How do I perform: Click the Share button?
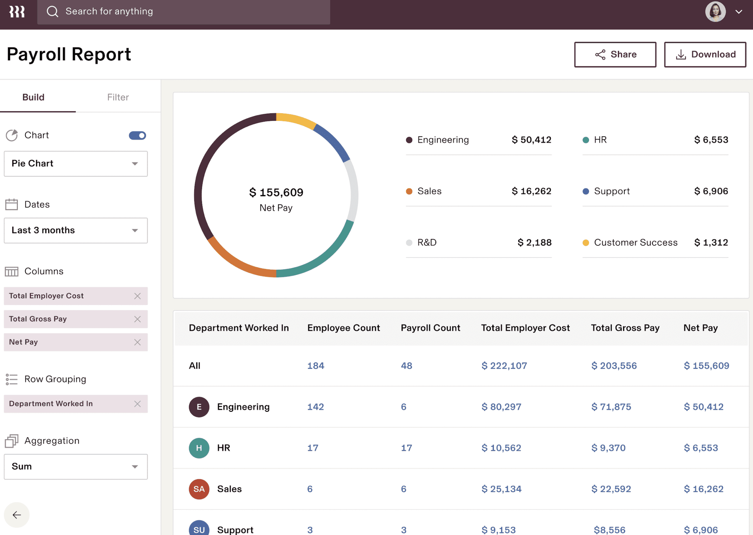[615, 54]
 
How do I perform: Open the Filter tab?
[118, 97]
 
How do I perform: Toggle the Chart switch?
[138, 135]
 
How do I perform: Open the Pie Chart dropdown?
[76, 164]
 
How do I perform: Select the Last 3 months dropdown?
[76, 230]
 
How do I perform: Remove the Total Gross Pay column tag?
[138, 319]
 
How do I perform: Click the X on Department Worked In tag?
[138, 404]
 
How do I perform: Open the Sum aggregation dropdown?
[76, 467]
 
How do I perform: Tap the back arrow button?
[17, 515]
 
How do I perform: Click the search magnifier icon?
[53, 12]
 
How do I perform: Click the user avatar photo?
[715, 12]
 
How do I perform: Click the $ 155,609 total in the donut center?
[276, 192]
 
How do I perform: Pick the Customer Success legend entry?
[635, 243]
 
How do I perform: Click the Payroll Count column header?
[430, 328]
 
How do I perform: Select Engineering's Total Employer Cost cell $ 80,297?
[501, 407]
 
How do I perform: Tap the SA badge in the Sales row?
[199, 489]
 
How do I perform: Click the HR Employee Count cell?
[313, 448]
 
